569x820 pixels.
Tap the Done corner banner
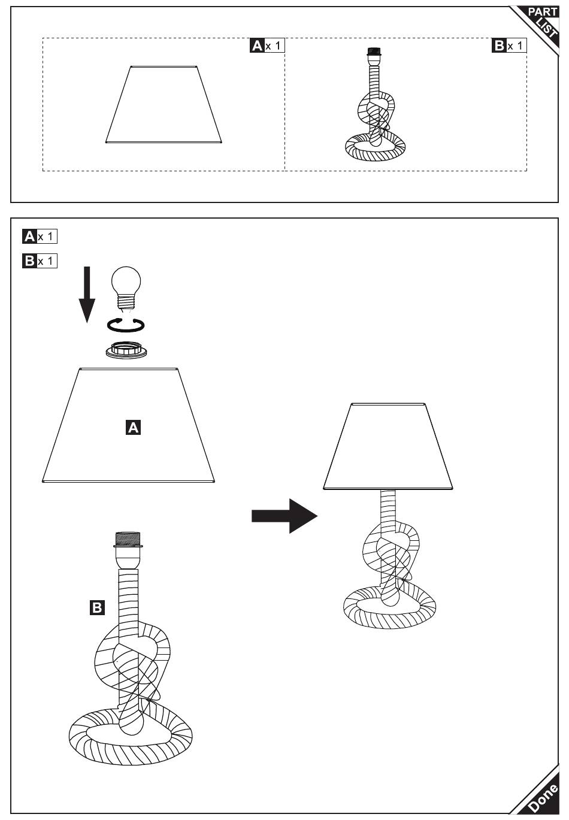click(541, 797)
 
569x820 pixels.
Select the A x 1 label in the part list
click(267, 46)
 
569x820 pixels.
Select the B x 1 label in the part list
click(509, 46)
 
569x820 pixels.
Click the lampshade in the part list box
click(164, 105)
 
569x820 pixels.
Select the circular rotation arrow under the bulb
click(126, 325)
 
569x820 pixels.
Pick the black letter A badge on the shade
click(133, 427)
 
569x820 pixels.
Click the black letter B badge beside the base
click(96, 607)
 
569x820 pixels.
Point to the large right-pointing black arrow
click(284, 515)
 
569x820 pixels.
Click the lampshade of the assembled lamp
click(388, 446)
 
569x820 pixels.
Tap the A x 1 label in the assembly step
click(40, 237)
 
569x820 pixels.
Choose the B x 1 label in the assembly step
click(40, 261)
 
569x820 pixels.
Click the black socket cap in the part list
click(374, 52)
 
